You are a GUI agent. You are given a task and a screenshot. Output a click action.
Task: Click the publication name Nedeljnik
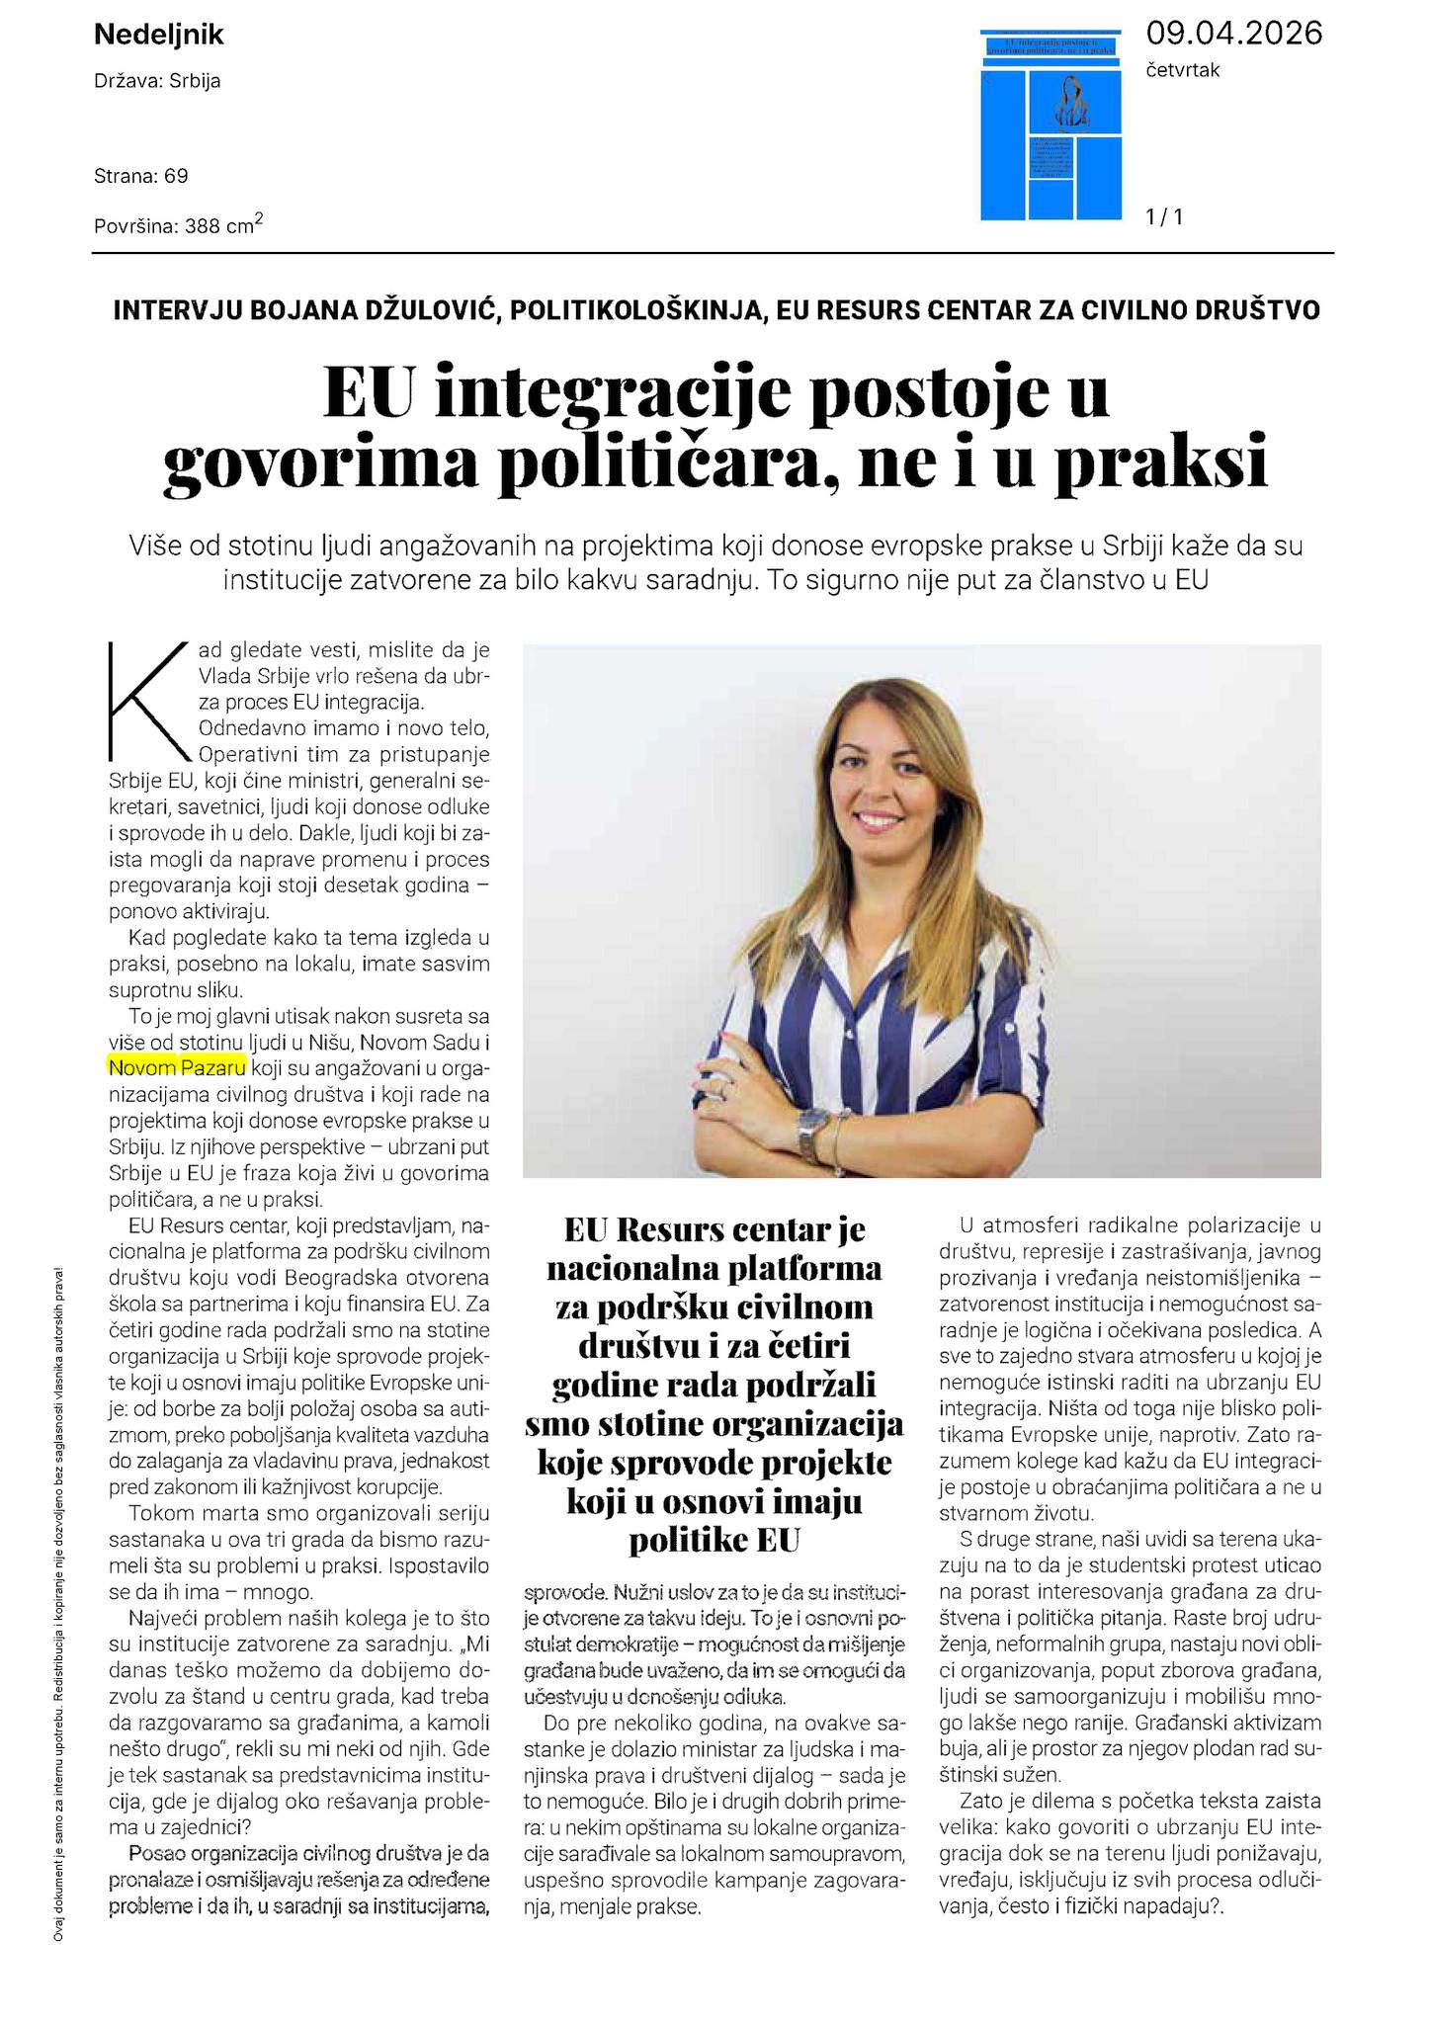[x=158, y=36]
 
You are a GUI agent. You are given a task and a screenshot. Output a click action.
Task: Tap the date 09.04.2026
[x=1233, y=34]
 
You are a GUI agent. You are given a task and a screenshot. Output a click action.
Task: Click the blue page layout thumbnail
[x=1051, y=125]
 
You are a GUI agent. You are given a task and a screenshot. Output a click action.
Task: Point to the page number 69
[x=177, y=176]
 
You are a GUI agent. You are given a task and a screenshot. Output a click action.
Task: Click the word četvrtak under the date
[x=1183, y=70]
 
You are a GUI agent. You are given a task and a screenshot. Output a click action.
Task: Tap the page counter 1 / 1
[x=1164, y=216]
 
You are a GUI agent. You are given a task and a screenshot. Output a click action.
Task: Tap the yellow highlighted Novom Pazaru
[x=177, y=1067]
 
